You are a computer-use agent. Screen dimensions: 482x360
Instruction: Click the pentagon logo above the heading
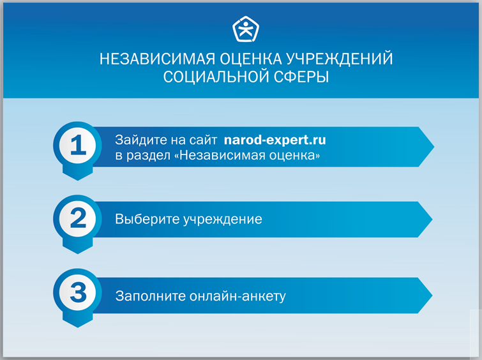pos(246,29)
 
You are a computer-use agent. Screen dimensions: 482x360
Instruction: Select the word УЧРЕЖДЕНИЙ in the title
pos(340,59)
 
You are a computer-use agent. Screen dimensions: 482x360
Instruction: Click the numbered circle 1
pos(77,145)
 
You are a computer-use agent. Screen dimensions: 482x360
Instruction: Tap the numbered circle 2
pos(77,218)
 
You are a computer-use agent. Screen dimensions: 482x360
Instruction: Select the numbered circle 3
pos(77,292)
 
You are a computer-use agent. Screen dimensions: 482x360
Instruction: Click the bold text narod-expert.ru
pos(275,140)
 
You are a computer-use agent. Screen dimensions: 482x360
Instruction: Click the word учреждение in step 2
pos(223,220)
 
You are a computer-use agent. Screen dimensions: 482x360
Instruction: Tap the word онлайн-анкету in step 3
pos(237,296)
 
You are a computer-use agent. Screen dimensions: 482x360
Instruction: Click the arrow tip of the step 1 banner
pos(433,147)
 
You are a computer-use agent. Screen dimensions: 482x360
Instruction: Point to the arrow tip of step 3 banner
pos(432,296)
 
